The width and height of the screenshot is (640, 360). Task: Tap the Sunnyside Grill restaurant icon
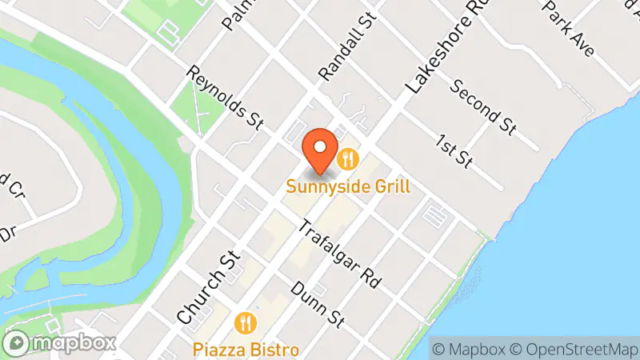(x=347, y=158)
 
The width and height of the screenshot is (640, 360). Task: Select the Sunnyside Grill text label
(x=350, y=187)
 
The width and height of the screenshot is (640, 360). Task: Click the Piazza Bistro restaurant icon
(x=246, y=323)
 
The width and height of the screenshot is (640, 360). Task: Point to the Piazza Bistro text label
(x=246, y=350)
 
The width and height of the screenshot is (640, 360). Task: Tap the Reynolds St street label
(x=225, y=98)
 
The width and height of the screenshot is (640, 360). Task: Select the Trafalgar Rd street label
(x=338, y=254)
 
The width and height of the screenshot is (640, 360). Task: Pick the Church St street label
(x=207, y=289)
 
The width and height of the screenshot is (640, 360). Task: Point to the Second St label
(x=482, y=106)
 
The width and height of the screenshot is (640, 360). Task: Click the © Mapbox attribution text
(x=469, y=349)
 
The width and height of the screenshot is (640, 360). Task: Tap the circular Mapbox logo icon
(x=18, y=343)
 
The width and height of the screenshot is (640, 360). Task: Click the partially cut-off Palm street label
(x=234, y=14)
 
